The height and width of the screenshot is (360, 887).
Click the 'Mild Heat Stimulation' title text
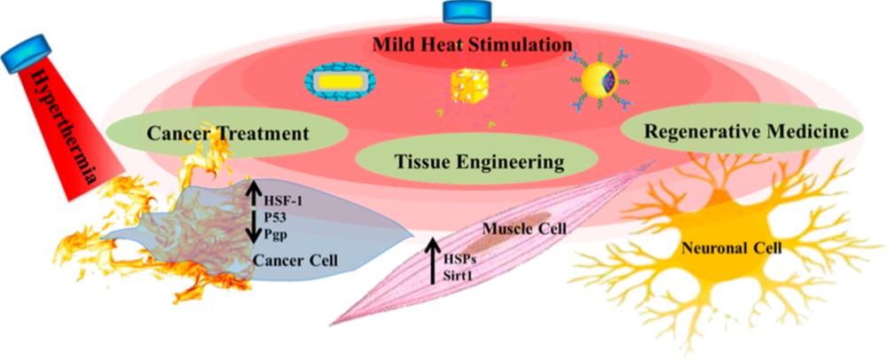(x=469, y=43)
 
